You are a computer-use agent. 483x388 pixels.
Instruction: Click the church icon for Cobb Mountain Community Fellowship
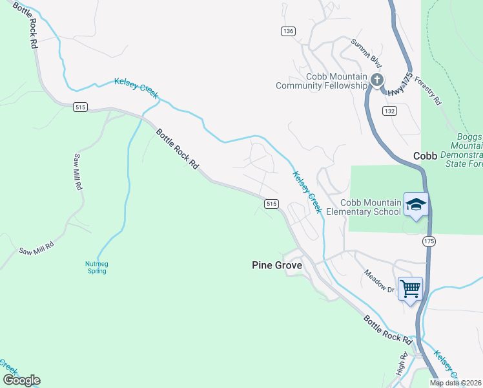377,80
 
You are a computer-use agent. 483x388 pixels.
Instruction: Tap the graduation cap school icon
416,205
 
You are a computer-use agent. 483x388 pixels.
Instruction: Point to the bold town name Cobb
426,156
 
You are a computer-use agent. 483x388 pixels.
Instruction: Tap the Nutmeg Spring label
96,267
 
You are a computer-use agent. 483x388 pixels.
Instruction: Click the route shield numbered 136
288,31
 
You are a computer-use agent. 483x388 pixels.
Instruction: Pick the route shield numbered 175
429,241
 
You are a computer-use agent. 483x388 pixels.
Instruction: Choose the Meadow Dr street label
379,281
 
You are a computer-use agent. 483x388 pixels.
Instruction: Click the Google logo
21,380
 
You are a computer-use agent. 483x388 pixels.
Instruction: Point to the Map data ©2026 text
455,383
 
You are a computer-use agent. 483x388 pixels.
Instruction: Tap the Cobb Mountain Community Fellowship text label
321,81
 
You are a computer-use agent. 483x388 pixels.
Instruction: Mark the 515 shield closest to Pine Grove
271,204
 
